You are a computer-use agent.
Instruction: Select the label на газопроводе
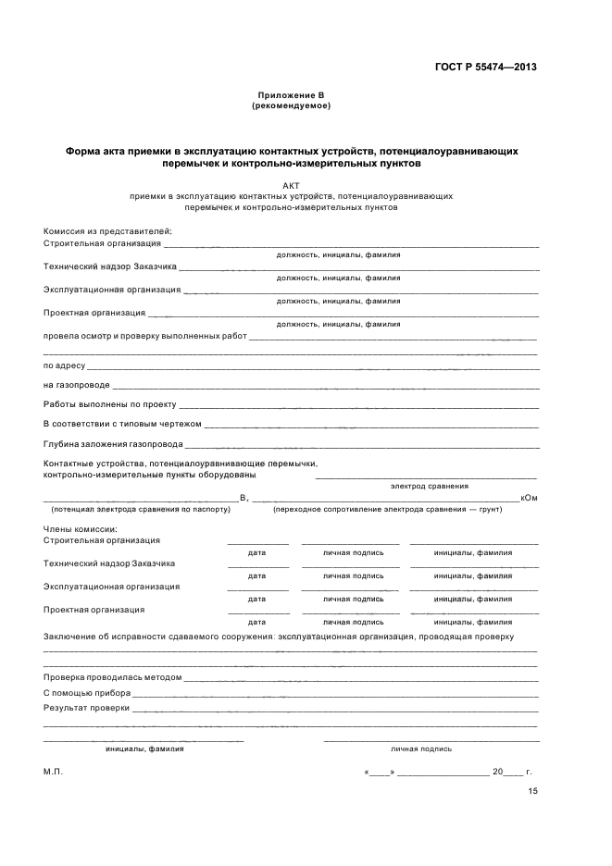pyautogui.click(x=77, y=385)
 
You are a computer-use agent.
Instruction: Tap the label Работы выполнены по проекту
pyautogui.click(x=109, y=404)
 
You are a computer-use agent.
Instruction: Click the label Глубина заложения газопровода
pyautogui.click(x=113, y=443)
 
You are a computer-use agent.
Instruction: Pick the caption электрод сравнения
pyautogui.click(x=430, y=486)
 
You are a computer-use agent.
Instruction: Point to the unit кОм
pyautogui.click(x=530, y=498)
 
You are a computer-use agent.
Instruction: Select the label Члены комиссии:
pyautogui.click(x=79, y=528)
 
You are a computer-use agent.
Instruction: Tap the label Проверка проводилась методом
pyautogui.click(x=112, y=676)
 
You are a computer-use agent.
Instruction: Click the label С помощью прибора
pyautogui.click(x=87, y=692)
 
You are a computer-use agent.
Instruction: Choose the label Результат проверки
pyautogui.click(x=86, y=708)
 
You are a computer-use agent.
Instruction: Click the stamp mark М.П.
pyautogui.click(x=53, y=771)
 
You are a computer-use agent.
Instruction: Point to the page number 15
pyautogui.click(x=532, y=791)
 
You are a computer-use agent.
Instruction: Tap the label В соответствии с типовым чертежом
pyautogui.click(x=122, y=424)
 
